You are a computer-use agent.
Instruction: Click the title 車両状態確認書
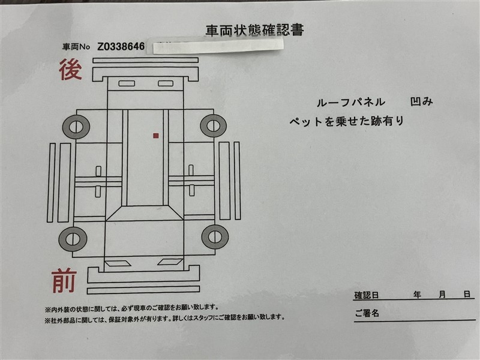(x=254, y=31)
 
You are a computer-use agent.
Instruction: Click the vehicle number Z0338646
(x=121, y=47)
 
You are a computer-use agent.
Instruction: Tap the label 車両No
(x=76, y=47)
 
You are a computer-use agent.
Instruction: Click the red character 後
(x=71, y=70)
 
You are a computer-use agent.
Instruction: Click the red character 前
(x=64, y=281)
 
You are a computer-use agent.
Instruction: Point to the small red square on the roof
(x=156, y=136)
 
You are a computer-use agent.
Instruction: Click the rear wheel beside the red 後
(x=76, y=127)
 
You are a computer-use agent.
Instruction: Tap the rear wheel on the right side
(x=214, y=126)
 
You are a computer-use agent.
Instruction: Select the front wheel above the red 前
(x=73, y=239)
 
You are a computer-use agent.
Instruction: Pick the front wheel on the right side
(x=215, y=237)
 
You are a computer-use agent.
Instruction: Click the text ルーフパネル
(x=351, y=102)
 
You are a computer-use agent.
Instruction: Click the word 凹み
(x=422, y=101)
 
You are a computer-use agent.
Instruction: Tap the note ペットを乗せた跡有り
(x=347, y=121)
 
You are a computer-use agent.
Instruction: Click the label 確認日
(x=367, y=295)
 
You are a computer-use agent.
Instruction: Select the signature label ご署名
(x=367, y=313)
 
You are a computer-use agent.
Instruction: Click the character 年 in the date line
(x=417, y=295)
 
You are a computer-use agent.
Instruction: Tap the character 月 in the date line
(x=442, y=295)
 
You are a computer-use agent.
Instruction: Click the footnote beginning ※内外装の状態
(x=132, y=308)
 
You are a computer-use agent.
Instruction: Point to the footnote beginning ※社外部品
(x=164, y=319)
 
